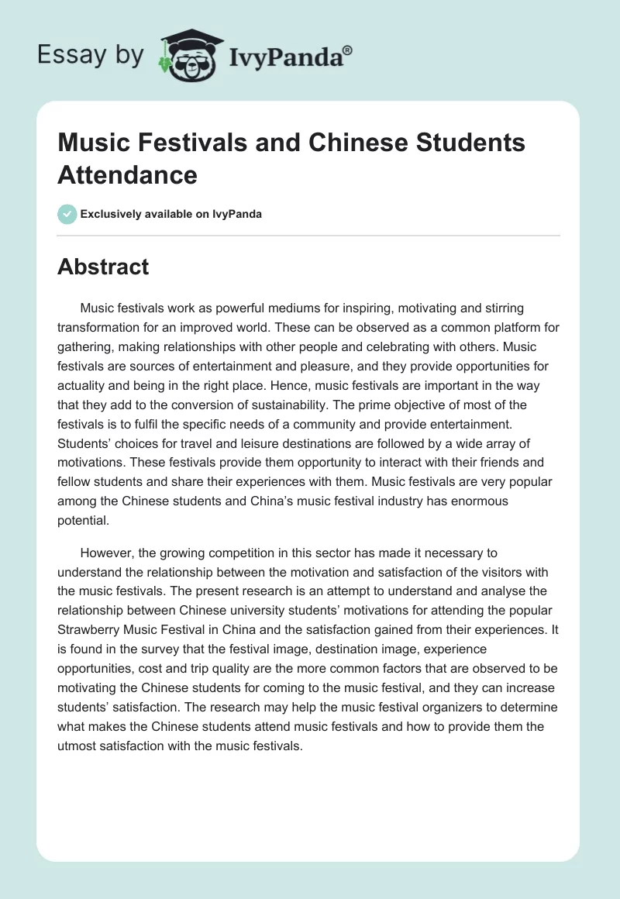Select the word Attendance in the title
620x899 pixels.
127,174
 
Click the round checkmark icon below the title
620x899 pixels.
67,214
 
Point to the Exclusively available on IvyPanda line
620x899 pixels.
170,215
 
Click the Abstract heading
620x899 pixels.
103,267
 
